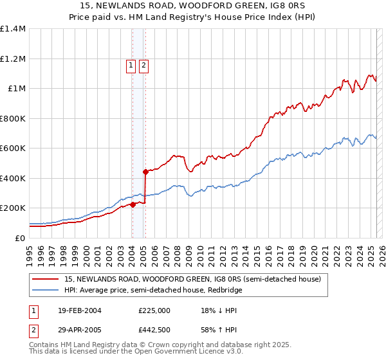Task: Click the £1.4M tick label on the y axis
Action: click(x=13, y=29)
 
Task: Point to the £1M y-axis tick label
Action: click(x=17, y=89)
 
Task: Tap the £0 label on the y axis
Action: click(x=21, y=238)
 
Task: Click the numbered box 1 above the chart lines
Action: click(x=131, y=65)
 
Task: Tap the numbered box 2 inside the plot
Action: click(x=143, y=65)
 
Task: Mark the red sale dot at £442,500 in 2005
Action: click(x=146, y=172)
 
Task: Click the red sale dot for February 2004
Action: click(x=133, y=204)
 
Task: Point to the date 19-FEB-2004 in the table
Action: click(x=79, y=310)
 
